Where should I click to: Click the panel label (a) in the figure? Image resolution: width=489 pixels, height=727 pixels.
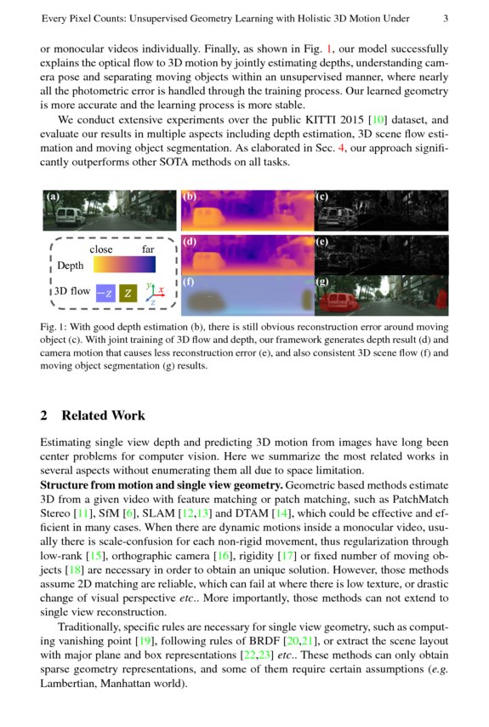click(53, 197)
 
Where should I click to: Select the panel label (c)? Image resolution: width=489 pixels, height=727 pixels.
click(322, 197)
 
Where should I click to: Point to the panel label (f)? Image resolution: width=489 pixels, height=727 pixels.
click(189, 282)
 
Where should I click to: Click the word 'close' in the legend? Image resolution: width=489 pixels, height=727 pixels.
click(101, 250)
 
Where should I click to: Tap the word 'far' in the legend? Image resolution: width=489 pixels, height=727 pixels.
click(148, 250)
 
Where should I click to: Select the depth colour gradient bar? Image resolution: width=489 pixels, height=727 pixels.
click(124, 265)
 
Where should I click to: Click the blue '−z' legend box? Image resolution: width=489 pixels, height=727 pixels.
click(105, 293)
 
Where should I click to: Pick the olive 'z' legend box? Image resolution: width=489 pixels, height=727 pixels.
click(128, 293)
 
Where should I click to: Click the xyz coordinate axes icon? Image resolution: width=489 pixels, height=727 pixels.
click(153, 292)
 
